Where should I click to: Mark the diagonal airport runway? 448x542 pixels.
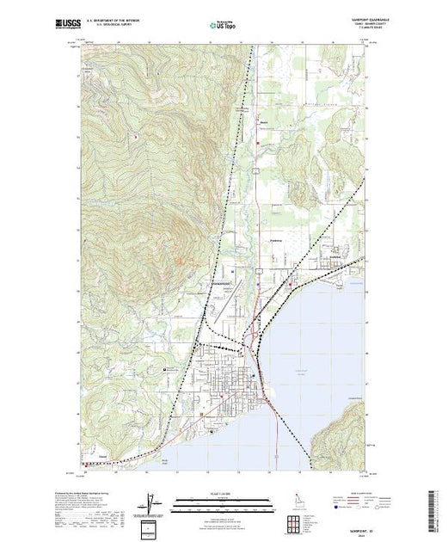(x=224, y=296)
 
